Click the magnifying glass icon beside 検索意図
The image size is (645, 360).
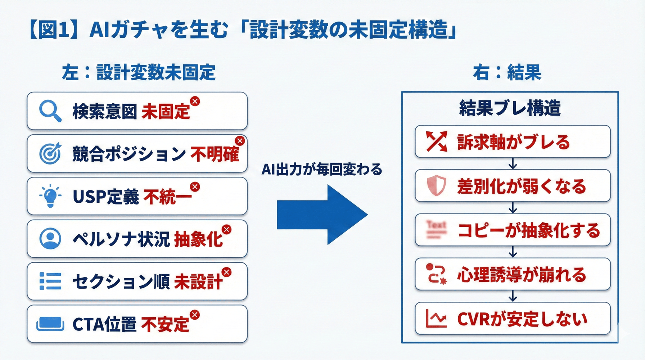point(50,111)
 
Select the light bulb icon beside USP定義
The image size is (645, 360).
point(50,196)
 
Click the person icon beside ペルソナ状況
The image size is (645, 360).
point(50,239)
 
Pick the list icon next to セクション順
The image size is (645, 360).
point(50,281)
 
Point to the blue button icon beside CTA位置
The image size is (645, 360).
point(50,324)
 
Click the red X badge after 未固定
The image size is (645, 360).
point(195,101)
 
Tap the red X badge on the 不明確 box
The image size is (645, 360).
point(240,141)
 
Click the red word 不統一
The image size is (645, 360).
point(167,197)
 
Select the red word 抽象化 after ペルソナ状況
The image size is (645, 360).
point(198,239)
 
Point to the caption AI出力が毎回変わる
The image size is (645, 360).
point(322,169)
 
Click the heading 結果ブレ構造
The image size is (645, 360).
point(510,108)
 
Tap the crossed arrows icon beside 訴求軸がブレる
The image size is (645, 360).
point(436,141)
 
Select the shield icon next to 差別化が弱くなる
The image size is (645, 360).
point(436,186)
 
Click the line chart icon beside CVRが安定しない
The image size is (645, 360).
point(436,319)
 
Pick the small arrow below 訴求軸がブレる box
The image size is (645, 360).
point(513,164)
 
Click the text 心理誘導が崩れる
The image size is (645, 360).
point(522,275)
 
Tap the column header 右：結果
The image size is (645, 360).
point(507,72)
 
